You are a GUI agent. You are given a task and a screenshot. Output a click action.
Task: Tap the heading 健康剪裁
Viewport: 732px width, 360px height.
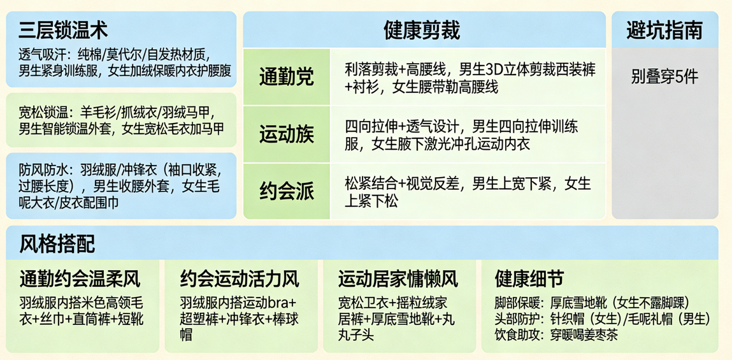pyautogui.click(x=422, y=29)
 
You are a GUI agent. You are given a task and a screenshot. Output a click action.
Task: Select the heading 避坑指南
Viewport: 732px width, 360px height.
pyautogui.click(x=664, y=29)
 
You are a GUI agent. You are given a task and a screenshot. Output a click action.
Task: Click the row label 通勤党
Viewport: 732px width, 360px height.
pyautogui.click(x=286, y=77)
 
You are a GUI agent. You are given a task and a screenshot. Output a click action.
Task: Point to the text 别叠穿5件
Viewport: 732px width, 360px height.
pyautogui.click(x=664, y=77)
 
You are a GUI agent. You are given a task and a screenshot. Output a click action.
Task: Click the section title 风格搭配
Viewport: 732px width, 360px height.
pyautogui.click(x=57, y=243)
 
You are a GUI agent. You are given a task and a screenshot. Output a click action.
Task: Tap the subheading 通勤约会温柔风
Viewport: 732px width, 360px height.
pyautogui.click(x=80, y=278)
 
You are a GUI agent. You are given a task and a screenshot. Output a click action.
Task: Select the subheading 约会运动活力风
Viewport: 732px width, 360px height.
pyautogui.click(x=239, y=278)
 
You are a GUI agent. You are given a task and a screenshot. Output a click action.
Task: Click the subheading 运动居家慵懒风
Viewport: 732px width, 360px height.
pyautogui.click(x=398, y=278)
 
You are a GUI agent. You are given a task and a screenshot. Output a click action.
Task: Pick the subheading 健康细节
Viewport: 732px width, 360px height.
pyautogui.click(x=529, y=278)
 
